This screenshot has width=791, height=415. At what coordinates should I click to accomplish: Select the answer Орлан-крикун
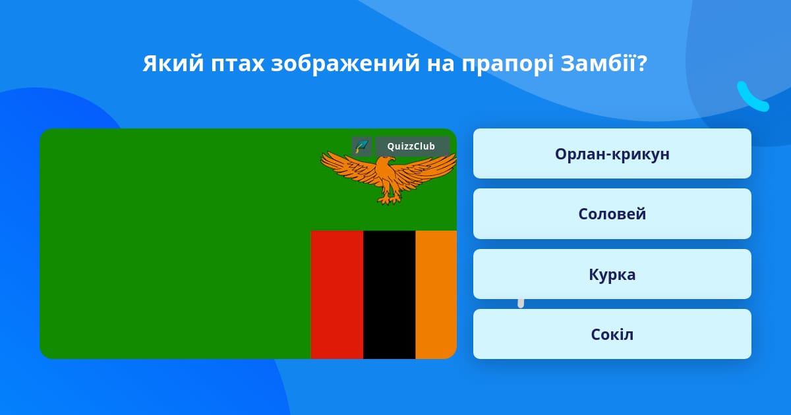point(612,153)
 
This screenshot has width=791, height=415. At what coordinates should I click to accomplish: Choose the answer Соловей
point(612,214)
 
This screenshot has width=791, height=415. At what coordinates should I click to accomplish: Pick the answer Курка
point(612,274)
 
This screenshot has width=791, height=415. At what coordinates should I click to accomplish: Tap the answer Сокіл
point(612,334)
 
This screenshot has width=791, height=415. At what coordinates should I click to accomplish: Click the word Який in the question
point(173,63)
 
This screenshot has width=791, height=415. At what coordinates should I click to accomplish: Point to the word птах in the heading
point(238,64)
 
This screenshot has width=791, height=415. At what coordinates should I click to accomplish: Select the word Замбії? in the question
point(604,63)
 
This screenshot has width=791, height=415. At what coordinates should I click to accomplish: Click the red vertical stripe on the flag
point(337,294)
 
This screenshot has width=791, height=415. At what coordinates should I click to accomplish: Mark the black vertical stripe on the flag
point(389,294)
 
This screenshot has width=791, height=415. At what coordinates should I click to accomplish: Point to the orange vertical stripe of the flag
point(436,294)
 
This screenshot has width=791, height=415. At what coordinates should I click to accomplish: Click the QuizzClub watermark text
point(411,146)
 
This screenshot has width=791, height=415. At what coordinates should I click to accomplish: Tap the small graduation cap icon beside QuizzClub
point(362,146)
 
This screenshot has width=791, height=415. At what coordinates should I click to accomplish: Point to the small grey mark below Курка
point(521,303)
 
